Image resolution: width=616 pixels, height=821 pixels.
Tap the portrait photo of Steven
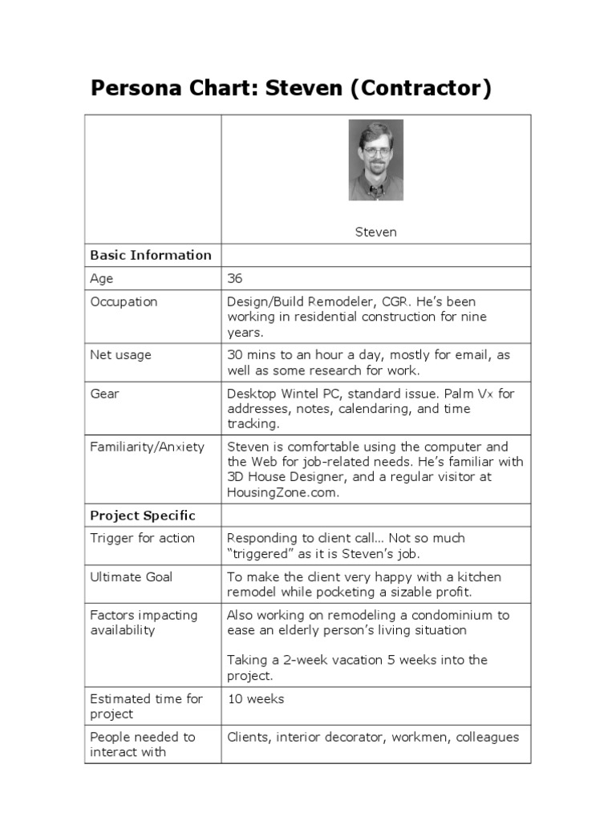point(375,160)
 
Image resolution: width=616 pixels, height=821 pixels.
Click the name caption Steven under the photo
point(375,233)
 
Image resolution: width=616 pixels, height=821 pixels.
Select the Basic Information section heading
point(151,255)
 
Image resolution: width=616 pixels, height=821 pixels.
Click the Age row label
point(102,278)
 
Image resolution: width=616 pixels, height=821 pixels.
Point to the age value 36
point(235,278)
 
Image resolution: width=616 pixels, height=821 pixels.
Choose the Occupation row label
point(124,301)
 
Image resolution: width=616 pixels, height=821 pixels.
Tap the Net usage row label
point(120,354)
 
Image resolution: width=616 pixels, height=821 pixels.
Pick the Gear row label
point(104,394)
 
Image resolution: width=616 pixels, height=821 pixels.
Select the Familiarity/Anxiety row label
point(147,447)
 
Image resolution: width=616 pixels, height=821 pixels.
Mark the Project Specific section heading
point(143,515)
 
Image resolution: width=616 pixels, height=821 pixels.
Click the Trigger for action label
point(142,538)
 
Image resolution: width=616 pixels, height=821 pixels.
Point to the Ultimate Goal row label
point(131,576)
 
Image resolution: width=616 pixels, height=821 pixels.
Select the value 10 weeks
point(256,698)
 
